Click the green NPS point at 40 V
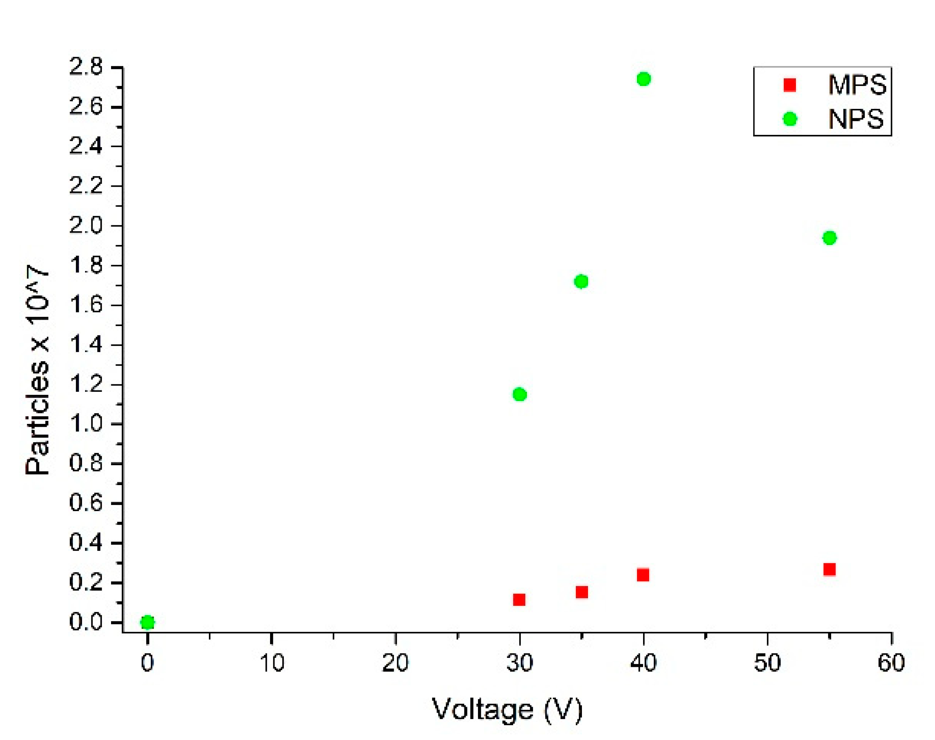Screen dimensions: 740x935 coord(643,79)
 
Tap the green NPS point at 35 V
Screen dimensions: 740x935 coord(581,282)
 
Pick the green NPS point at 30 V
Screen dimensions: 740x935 coord(519,395)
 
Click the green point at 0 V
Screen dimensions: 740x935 coord(147,623)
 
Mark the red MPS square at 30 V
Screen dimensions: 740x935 coord(519,600)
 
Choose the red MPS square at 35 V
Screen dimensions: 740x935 coord(582,592)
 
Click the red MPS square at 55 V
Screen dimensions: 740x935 coord(829,569)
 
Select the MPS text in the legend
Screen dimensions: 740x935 coord(857,85)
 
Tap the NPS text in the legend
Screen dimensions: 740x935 coord(856,119)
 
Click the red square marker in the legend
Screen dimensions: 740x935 coord(790,85)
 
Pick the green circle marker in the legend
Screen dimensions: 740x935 coord(790,119)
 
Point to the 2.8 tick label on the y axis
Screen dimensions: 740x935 coord(86,68)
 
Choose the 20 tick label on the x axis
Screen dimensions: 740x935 coord(395,663)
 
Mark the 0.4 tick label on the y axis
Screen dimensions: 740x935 coord(86,543)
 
